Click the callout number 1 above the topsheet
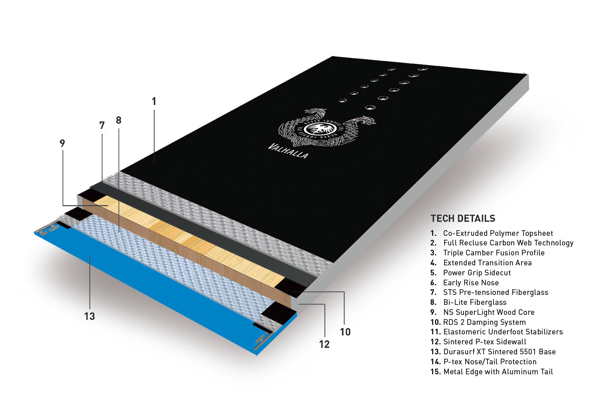pyautogui.click(x=154, y=101)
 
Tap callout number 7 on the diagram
pyautogui.click(x=102, y=125)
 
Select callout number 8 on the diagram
pyautogui.click(x=118, y=120)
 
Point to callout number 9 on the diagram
pyautogui.click(x=62, y=143)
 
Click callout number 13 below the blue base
pyautogui.click(x=90, y=316)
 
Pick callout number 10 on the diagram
pyautogui.click(x=345, y=332)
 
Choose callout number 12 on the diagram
pyautogui.click(x=325, y=344)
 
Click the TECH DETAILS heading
pyautogui.click(x=463, y=218)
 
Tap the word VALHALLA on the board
pyautogui.click(x=288, y=151)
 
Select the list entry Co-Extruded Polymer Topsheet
pyautogui.click(x=498, y=233)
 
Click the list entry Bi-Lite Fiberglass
pyautogui.click(x=475, y=302)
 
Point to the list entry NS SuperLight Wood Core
pyautogui.click(x=489, y=312)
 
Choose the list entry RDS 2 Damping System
pyautogui.click(x=484, y=322)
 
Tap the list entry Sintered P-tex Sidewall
pyautogui.click(x=485, y=342)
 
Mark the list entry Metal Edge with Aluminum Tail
pyautogui.click(x=498, y=372)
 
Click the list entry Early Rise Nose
pyautogui.click(x=471, y=282)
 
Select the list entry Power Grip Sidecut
pyautogui.click(x=477, y=273)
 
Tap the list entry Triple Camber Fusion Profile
pyautogui.click(x=494, y=253)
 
